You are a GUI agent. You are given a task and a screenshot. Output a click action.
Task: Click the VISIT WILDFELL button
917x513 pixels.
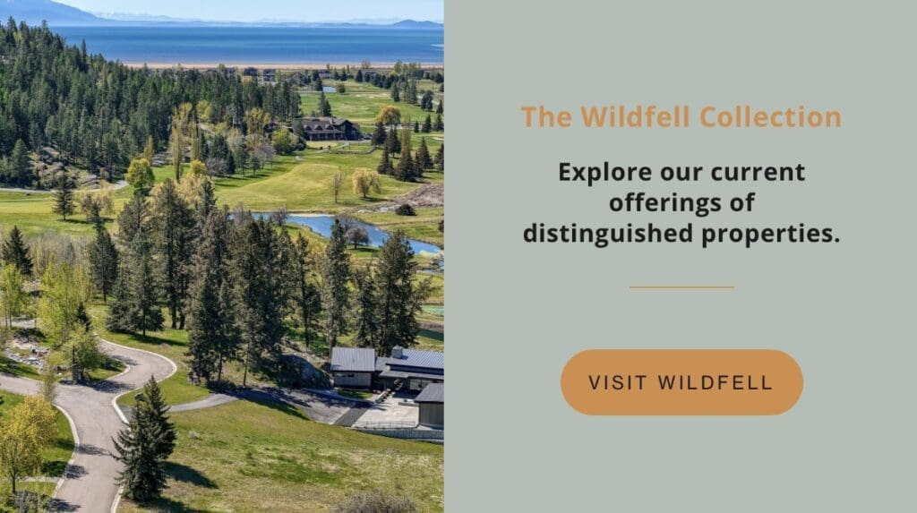[681, 382]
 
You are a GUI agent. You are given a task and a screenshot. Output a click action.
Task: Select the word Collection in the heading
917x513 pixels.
[771, 117]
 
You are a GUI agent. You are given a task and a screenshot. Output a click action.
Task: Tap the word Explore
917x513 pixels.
[604, 173]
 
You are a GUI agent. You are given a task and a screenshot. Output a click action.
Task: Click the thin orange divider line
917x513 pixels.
[681, 287]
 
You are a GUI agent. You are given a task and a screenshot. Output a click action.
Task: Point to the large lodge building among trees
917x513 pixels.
[325, 129]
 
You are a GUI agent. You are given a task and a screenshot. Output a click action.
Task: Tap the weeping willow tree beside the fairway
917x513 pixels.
[365, 182]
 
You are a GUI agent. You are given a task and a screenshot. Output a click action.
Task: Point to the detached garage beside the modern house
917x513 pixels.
[430, 405]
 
